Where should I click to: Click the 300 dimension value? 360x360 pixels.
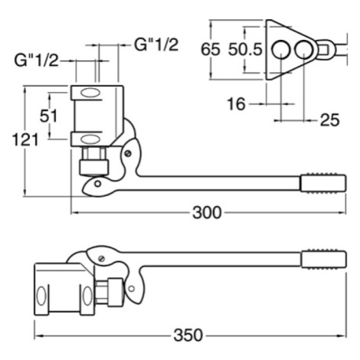pos(207,212)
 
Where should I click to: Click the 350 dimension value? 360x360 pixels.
pos(188,335)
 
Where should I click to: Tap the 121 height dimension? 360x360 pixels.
pos(25,140)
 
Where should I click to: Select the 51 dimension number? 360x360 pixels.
pos(48,116)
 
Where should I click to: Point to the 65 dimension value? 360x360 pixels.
pos(211,49)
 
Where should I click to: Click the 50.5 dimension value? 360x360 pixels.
pos(245,49)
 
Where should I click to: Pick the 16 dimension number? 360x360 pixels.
pos(236,104)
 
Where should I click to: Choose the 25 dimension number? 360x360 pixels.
pos(330,119)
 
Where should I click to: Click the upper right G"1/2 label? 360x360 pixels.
pos(156,45)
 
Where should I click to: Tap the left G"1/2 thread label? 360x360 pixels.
pos(36,61)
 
